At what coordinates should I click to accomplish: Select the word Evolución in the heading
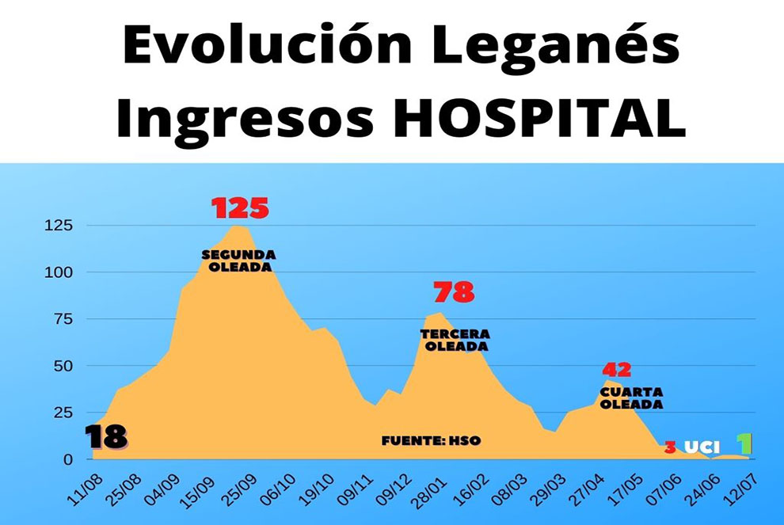click(256, 46)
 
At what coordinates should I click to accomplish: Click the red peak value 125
click(240, 208)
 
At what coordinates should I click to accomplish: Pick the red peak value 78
click(454, 293)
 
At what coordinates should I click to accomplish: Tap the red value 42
click(617, 370)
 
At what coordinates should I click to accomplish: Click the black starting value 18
click(105, 437)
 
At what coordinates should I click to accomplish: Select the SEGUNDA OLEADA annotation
click(238, 261)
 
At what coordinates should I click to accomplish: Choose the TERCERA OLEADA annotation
click(455, 340)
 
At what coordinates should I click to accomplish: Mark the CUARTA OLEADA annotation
click(631, 398)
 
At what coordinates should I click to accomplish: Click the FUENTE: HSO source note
click(431, 440)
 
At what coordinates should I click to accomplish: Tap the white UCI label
click(702, 447)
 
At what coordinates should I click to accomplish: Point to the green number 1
click(744, 444)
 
